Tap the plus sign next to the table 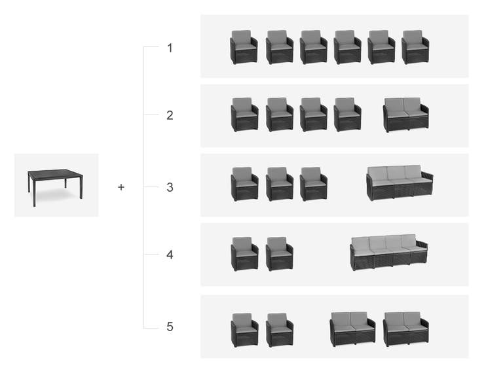[121, 187]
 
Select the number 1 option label [170, 48]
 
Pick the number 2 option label [170, 115]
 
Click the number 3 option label [170, 187]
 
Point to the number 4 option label [170, 255]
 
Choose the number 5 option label [170, 327]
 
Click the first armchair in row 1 [244, 47]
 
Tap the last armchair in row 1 [415, 47]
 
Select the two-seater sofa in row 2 [405, 115]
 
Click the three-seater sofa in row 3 [399, 183]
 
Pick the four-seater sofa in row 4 [388, 252]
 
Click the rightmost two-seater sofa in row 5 [405, 329]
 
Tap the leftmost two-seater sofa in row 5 [352, 329]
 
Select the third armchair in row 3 [313, 184]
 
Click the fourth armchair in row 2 [347, 115]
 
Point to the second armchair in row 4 [280, 254]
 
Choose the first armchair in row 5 [244, 330]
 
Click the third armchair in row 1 [313, 47]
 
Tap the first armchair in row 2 [244, 115]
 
